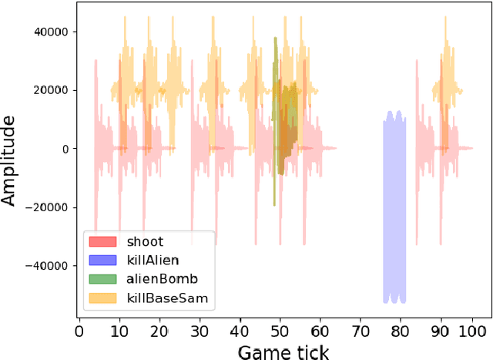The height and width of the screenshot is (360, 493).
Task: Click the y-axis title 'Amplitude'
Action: coord(10,160)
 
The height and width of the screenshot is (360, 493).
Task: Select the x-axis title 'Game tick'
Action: coord(283,352)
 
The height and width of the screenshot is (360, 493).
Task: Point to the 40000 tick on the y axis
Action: coord(49,32)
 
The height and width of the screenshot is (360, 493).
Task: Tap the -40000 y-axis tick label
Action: coord(45,266)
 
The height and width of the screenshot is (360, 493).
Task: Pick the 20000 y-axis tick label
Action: coord(49,90)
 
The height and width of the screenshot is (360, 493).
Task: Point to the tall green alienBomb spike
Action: coord(275,116)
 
